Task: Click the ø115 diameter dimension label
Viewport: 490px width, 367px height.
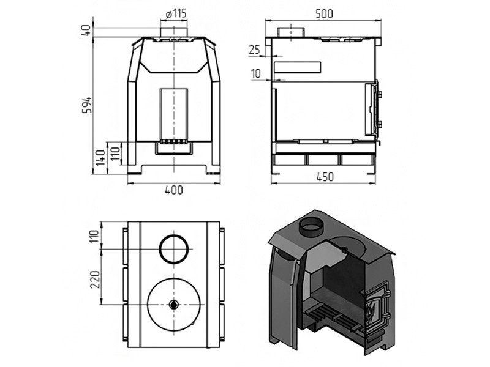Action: [176, 13]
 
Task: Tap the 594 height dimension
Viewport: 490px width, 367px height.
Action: [87, 105]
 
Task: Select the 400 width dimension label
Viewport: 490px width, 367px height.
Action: [174, 190]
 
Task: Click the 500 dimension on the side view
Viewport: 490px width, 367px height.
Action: [324, 13]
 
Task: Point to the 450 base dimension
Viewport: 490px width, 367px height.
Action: [325, 177]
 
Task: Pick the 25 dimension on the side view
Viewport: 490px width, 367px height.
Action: [255, 50]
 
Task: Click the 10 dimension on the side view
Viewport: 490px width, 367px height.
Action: [255, 73]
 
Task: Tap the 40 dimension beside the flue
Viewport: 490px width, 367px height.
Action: [86, 30]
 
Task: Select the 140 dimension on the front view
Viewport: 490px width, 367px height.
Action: [100, 158]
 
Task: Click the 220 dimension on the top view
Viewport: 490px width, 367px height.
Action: [95, 280]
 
